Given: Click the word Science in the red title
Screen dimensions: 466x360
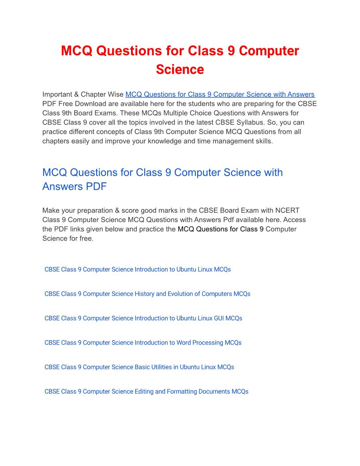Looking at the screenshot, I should click(180, 70).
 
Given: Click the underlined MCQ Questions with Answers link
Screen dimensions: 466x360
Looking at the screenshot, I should click(220, 94).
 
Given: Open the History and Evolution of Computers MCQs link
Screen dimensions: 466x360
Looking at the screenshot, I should click(147, 294).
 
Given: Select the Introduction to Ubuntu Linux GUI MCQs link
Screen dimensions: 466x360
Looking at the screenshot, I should click(143, 318).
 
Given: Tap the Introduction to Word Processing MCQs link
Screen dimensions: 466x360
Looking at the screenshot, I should click(143, 342).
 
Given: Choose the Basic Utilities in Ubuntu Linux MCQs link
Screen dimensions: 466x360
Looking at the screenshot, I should click(139, 367).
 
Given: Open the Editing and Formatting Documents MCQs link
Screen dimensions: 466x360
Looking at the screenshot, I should click(146, 391).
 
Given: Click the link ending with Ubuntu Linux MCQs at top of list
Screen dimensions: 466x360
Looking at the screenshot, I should click(138, 269).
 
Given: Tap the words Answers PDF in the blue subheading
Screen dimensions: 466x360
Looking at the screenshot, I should click(75, 187).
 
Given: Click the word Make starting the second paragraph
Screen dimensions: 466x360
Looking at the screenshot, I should click(50, 210).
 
